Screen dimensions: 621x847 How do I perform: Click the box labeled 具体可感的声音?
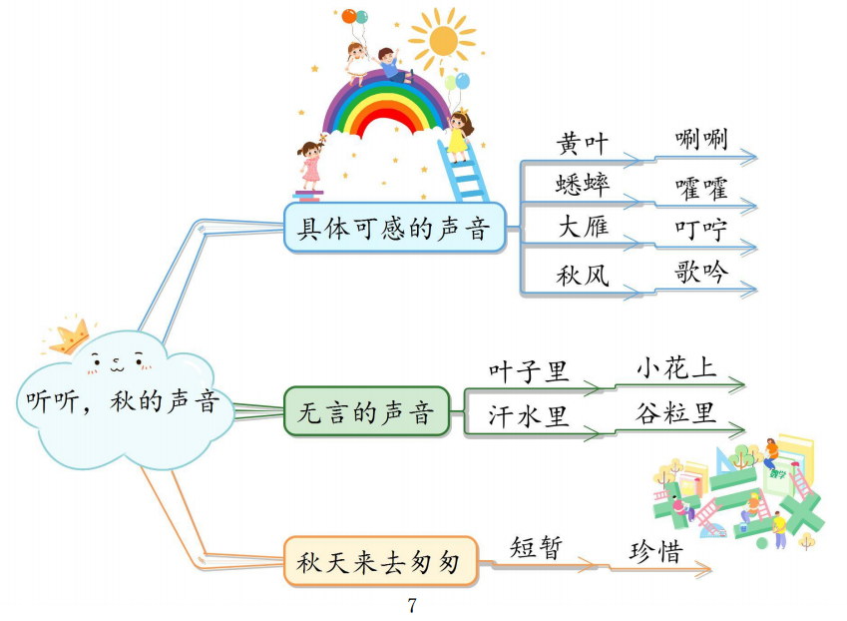[395, 228]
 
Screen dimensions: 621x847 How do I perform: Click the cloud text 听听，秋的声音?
[122, 401]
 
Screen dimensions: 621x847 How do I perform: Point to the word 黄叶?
[583, 144]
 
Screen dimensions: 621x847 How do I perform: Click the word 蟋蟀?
[583, 185]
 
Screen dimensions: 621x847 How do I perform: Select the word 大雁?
[583, 227]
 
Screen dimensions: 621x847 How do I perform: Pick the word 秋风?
[583, 275]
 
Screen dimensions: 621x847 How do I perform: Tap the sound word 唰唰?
[700, 139]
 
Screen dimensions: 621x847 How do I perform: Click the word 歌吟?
[700, 272]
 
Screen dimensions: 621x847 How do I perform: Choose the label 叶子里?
[529, 371]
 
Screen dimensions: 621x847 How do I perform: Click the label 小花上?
[676, 367]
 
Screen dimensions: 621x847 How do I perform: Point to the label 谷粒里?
[676, 412]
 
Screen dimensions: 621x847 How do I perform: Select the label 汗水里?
[529, 416]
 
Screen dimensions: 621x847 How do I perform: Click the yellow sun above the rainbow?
[442, 41]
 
